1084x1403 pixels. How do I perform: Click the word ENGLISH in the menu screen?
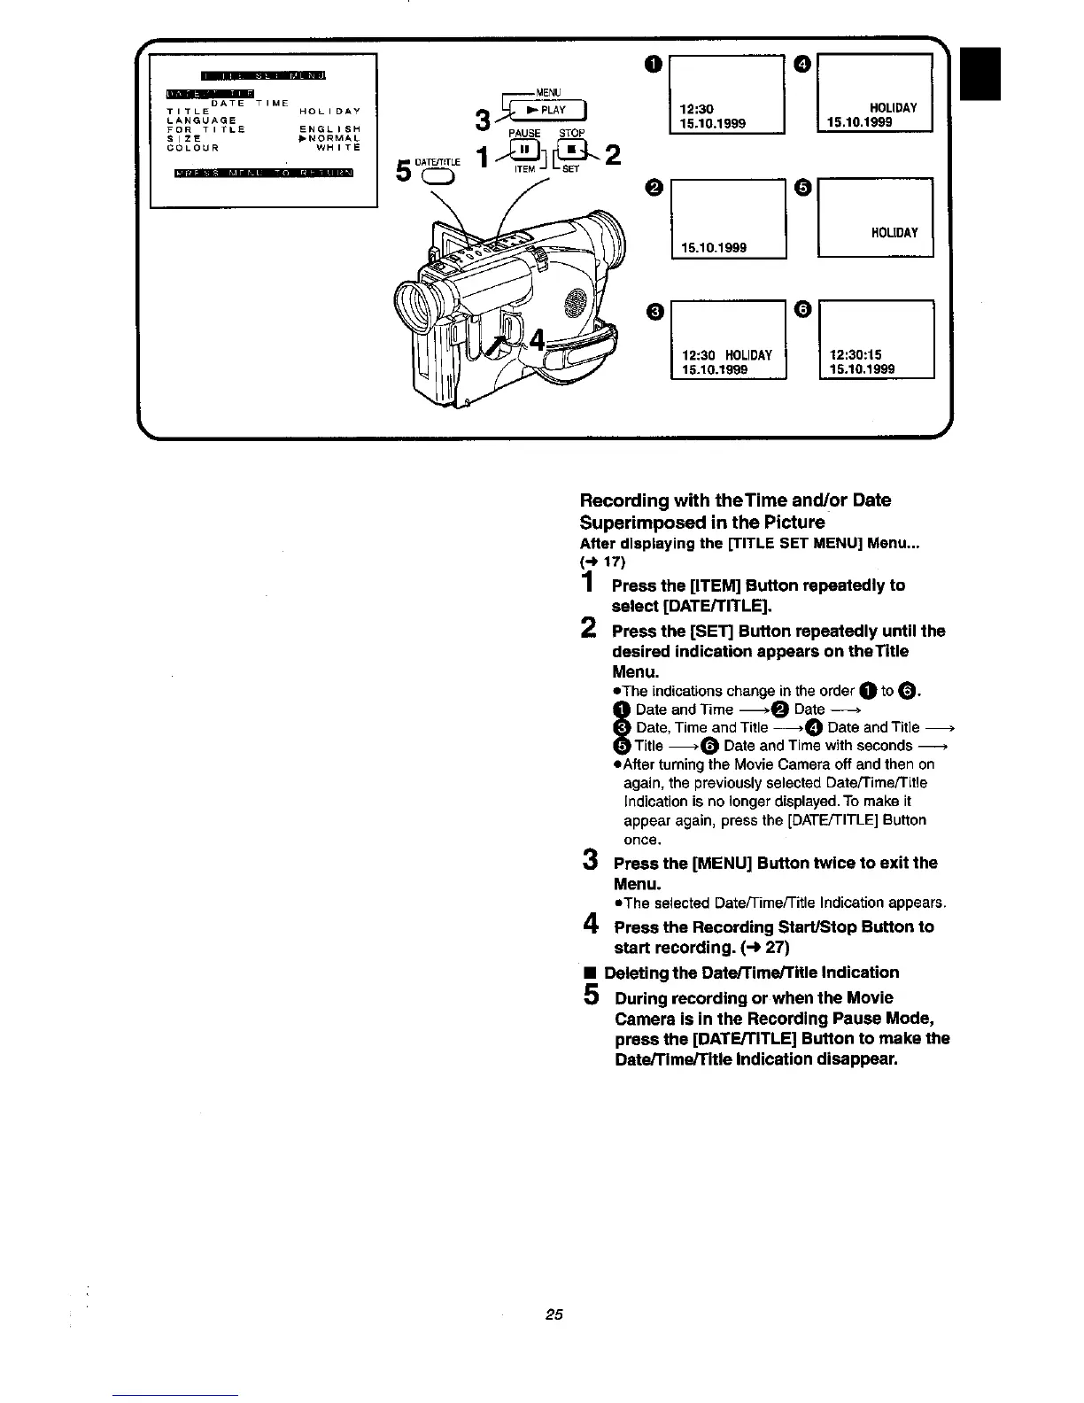(329, 129)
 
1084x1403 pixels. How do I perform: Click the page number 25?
(554, 1314)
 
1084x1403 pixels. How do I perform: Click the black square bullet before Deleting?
(588, 973)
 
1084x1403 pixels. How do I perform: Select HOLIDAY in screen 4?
(894, 108)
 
